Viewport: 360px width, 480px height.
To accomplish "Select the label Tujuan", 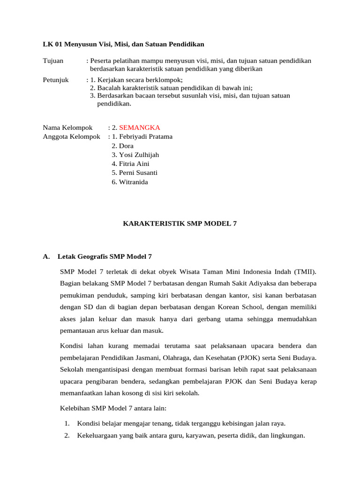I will point(53,61).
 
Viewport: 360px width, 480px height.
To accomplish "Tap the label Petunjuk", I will point(56,80).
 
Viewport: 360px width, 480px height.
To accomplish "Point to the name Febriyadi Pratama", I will point(146,137).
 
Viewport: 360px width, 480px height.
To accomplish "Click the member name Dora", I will point(126,146).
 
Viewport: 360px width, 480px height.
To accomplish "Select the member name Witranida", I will point(133,182).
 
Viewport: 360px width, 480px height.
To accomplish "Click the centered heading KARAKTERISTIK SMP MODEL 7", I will point(180,224).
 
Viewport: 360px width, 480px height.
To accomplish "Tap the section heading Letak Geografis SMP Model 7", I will point(105,256).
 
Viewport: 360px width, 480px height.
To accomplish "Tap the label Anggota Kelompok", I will point(72,137).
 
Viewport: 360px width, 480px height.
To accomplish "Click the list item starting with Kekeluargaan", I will point(191,435).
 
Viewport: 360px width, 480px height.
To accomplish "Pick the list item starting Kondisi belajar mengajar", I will point(181,424).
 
